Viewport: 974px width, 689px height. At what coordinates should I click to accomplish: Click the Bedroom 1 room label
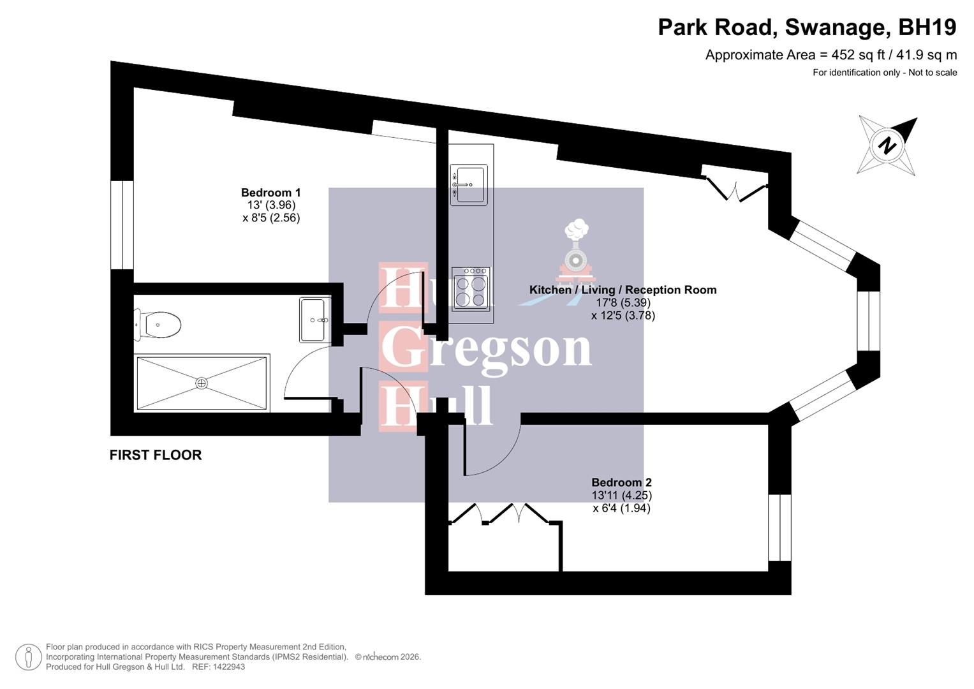[270, 193]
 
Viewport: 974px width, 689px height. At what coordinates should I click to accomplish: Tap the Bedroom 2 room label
[621, 483]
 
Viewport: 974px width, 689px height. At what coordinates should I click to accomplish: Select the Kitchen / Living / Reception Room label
[623, 290]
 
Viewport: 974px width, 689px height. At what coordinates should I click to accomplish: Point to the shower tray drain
[202, 383]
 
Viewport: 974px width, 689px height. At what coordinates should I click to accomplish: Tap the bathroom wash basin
[314, 320]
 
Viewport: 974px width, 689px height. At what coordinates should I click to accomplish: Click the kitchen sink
[469, 185]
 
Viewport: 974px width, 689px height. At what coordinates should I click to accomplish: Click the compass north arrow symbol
[887, 145]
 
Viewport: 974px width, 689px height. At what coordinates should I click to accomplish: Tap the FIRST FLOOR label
[156, 456]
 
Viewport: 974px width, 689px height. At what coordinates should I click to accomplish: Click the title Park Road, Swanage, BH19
[807, 27]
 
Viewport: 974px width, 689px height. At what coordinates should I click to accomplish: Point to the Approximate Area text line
[830, 55]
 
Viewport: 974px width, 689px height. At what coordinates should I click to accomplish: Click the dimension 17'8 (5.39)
[623, 303]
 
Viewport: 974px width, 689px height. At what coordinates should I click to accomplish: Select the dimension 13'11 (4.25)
[621, 496]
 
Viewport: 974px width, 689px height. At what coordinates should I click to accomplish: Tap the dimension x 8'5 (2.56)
[270, 218]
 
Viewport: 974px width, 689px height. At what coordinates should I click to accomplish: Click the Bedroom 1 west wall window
[122, 225]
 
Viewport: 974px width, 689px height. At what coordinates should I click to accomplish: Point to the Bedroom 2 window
[779, 528]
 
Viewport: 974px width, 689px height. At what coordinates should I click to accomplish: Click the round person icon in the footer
[28, 657]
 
